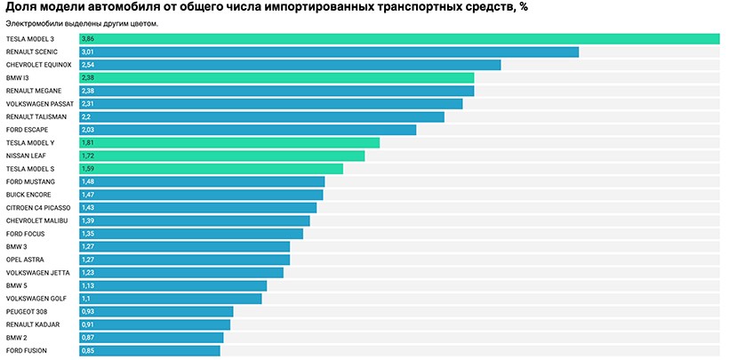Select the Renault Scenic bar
pyautogui.click(x=328, y=52)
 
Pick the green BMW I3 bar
pyautogui.click(x=276, y=78)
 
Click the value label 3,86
pyautogui.click(x=87, y=39)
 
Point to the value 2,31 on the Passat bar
pyautogui.click(x=87, y=104)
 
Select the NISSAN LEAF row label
pyautogui.click(x=26, y=156)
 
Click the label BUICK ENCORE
pyautogui.click(x=28, y=194)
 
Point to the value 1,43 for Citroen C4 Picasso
pyautogui.click(x=87, y=207)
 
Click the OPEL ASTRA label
pyautogui.click(x=26, y=260)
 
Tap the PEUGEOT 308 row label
pyautogui.click(x=27, y=311)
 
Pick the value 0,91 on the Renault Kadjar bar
pyautogui.click(x=87, y=324)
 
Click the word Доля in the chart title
pyautogui.click(x=21, y=7)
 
